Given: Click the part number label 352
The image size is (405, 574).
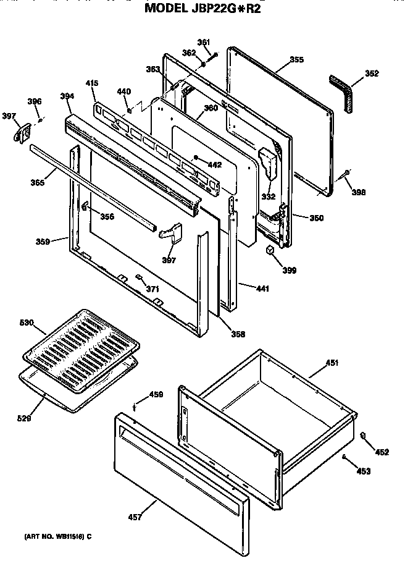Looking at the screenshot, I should (372, 74).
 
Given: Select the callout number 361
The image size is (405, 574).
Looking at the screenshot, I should (204, 42).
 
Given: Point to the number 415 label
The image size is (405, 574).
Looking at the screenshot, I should (91, 83).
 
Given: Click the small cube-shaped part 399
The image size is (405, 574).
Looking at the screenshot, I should (269, 250).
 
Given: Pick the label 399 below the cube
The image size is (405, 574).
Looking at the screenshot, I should (289, 270).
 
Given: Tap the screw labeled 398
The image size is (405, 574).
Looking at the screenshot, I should (346, 174).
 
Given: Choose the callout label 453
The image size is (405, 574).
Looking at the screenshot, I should (364, 471).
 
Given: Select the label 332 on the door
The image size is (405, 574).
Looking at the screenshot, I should (268, 196).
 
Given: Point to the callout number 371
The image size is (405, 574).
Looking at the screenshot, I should (152, 289).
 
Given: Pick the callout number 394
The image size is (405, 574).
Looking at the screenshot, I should (67, 96).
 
